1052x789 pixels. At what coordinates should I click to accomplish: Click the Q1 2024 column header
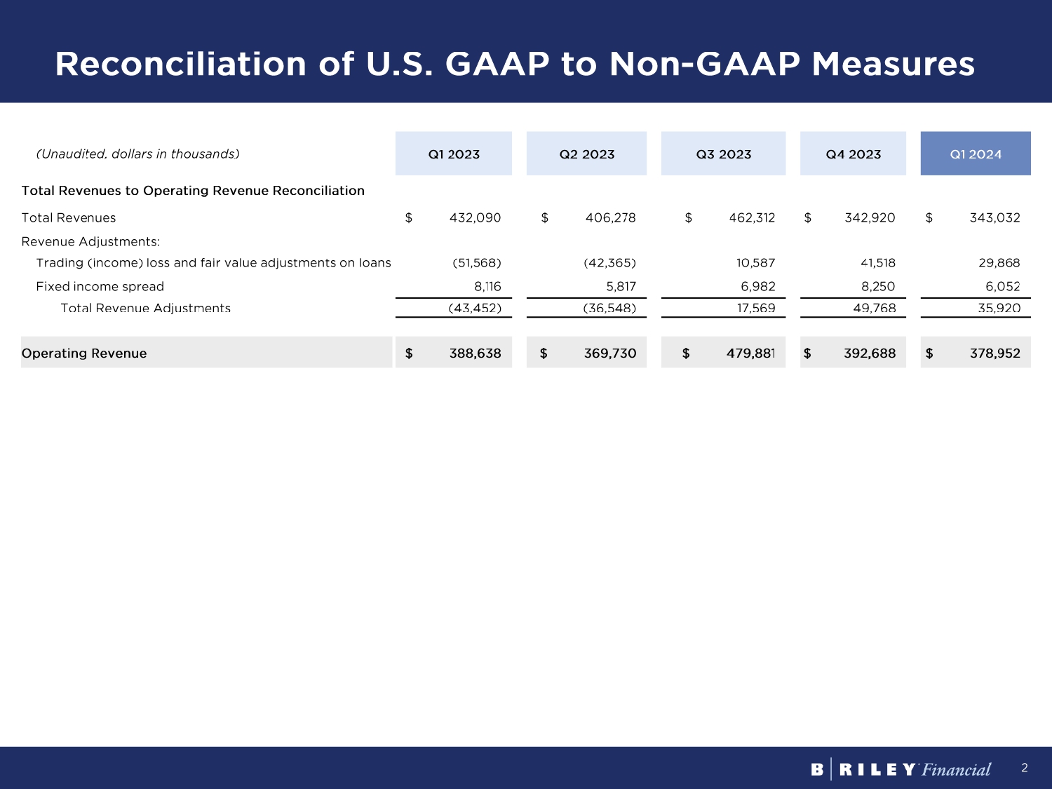click(976, 154)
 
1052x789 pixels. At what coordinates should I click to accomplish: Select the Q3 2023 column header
click(723, 154)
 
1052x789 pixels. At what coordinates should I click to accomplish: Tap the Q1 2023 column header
click(454, 154)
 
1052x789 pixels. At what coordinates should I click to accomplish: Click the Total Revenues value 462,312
click(752, 218)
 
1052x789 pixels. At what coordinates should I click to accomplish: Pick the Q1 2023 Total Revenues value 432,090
click(475, 218)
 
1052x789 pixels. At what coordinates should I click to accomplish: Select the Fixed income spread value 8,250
click(878, 286)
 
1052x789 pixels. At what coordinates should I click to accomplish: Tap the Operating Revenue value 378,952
click(994, 353)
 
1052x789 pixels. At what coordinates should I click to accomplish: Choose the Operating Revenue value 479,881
click(750, 353)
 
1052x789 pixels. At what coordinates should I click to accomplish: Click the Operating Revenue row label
click(84, 353)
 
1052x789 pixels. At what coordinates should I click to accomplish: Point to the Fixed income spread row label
click(100, 286)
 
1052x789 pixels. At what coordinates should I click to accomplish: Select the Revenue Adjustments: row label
click(90, 242)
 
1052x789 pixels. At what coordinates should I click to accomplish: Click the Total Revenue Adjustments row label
click(145, 308)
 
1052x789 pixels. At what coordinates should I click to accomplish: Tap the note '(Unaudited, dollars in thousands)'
click(137, 154)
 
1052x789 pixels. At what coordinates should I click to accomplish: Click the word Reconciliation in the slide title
click(181, 64)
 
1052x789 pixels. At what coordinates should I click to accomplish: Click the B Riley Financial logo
click(901, 769)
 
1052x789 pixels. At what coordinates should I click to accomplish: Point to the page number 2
click(1025, 768)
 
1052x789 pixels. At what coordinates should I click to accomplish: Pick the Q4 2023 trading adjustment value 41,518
click(878, 263)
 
